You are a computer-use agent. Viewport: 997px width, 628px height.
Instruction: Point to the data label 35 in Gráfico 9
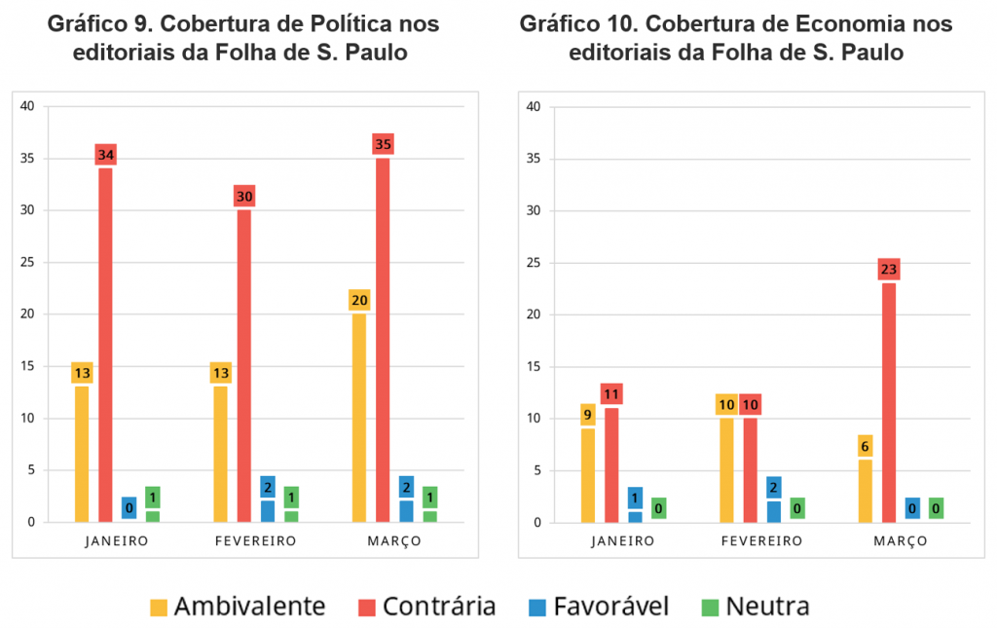pyautogui.click(x=383, y=144)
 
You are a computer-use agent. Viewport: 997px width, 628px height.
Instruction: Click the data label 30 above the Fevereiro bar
pyautogui.click(x=244, y=196)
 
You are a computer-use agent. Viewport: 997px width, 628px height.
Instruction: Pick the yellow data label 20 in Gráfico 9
pyautogui.click(x=359, y=300)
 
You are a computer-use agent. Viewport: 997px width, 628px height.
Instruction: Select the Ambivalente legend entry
pyautogui.click(x=238, y=607)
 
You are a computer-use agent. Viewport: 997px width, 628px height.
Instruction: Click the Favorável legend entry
pyautogui.click(x=600, y=607)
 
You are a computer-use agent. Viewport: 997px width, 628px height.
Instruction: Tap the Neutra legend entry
pyautogui.click(x=755, y=607)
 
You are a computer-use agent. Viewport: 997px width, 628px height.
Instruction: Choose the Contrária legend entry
pyautogui.click(x=426, y=607)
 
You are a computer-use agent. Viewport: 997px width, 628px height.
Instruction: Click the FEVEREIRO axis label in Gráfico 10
pyautogui.click(x=761, y=540)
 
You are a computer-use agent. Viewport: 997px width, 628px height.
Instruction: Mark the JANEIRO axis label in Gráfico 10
pyautogui.click(x=622, y=540)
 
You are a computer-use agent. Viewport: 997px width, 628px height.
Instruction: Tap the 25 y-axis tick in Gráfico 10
pyautogui.click(x=533, y=263)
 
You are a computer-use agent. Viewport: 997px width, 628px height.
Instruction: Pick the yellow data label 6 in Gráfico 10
pyautogui.click(x=866, y=445)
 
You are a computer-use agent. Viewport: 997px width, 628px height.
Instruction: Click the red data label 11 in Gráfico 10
pyautogui.click(x=611, y=394)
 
